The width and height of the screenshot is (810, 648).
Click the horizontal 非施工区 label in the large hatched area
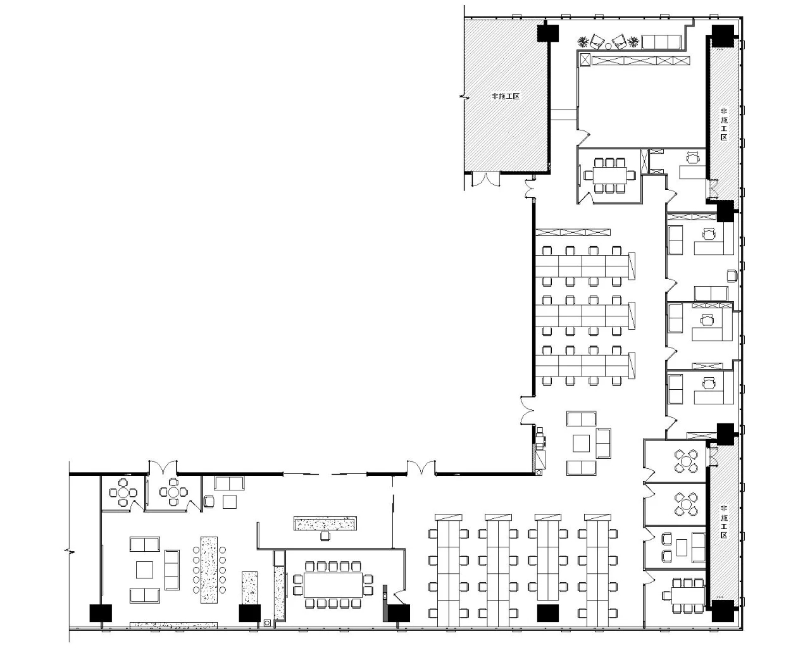(506, 96)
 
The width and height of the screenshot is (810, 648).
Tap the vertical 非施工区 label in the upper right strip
(723, 124)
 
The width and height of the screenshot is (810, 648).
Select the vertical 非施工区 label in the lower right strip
(723, 522)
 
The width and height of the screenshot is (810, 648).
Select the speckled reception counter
(325, 524)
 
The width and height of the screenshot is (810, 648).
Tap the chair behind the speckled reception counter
(325, 536)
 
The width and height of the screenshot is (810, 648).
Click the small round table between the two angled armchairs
(608, 46)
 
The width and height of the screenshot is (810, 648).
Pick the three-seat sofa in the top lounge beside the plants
(661, 42)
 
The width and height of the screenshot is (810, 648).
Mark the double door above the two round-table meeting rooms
(163, 467)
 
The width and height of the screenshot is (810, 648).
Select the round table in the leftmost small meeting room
(123, 492)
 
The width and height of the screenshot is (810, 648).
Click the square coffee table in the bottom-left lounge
(144, 570)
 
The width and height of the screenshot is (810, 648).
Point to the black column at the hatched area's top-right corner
(547, 33)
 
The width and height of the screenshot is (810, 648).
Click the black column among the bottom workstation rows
(547, 613)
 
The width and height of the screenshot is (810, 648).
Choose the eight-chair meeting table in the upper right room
(610, 175)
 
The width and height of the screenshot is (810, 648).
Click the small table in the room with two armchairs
(682, 547)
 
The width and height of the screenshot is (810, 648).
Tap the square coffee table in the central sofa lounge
(581, 443)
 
